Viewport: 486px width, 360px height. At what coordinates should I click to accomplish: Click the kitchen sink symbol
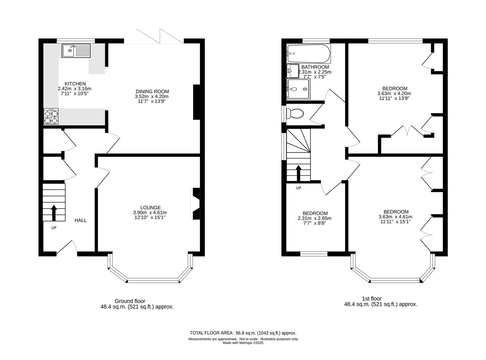point(76,51)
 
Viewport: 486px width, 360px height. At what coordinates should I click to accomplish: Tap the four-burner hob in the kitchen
point(51,117)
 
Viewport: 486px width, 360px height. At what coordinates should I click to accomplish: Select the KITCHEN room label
point(75,84)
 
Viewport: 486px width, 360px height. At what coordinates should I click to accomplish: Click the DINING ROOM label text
point(152,91)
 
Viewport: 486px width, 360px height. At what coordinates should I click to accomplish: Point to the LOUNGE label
point(150,207)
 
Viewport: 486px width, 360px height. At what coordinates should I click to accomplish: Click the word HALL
point(80,220)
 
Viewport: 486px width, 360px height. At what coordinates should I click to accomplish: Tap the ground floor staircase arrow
point(53,213)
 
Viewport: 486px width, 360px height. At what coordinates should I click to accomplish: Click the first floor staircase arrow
point(298,172)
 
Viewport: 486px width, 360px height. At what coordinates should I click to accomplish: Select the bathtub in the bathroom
point(308,54)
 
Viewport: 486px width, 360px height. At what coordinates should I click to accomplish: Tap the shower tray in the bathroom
point(298,89)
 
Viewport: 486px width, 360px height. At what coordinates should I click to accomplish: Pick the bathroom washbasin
point(293,71)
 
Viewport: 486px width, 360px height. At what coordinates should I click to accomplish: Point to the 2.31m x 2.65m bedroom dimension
point(315,218)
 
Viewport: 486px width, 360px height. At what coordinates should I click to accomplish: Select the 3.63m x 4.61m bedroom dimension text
point(396,217)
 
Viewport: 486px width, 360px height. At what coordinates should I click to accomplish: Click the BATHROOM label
point(315,67)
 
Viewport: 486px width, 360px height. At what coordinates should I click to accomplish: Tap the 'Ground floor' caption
point(130,301)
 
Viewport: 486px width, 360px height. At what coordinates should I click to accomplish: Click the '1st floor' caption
point(372,299)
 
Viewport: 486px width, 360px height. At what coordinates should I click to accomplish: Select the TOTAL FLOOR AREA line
point(243,333)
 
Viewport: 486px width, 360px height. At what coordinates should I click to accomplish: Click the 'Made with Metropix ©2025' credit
point(243,343)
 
